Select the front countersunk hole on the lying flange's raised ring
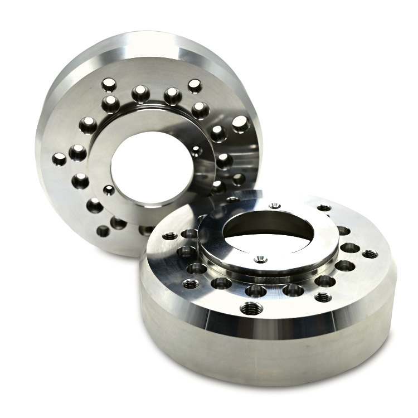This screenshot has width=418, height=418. coord(260,259)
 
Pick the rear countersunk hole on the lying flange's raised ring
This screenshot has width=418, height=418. coord(273,206)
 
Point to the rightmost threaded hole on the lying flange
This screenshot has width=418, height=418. coord(370,254)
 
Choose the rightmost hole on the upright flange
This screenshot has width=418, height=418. coord(241,124)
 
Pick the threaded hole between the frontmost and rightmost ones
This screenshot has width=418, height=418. coord(323,297)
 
